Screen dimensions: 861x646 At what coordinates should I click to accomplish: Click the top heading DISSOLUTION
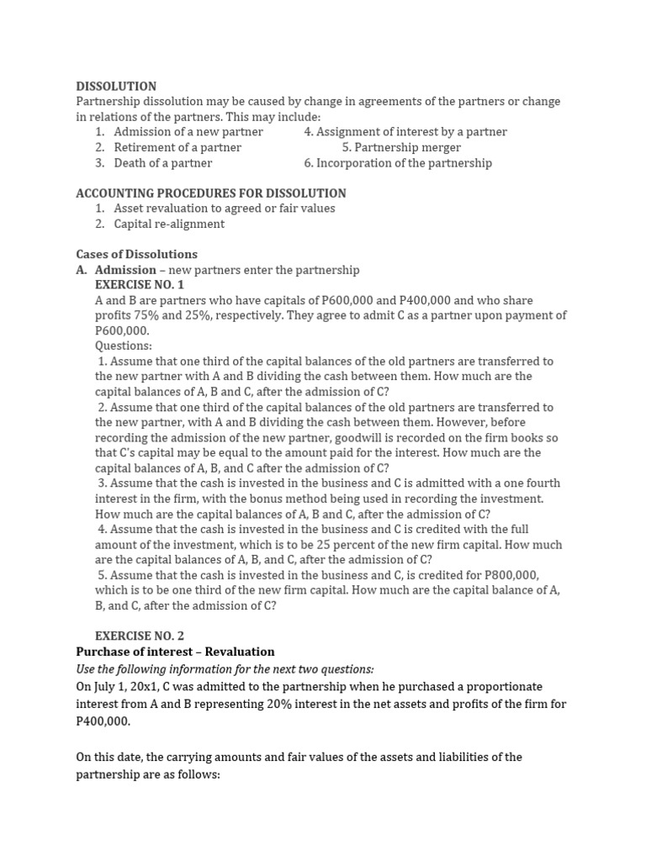pyautogui.click(x=116, y=86)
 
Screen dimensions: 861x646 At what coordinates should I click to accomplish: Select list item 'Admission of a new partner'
pyautogui.click(x=188, y=132)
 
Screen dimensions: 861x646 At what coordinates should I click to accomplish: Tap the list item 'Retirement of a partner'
pyautogui.click(x=177, y=147)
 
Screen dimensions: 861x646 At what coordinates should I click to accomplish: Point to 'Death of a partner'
pyautogui.click(x=163, y=163)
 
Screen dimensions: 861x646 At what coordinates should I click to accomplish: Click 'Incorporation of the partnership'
pyautogui.click(x=398, y=163)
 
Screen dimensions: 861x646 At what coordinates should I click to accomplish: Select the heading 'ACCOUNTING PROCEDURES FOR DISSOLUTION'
pyautogui.click(x=211, y=193)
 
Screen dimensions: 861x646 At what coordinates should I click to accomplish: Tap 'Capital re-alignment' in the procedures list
pyautogui.click(x=169, y=224)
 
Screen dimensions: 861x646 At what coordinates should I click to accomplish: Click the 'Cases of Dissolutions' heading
pyautogui.click(x=137, y=254)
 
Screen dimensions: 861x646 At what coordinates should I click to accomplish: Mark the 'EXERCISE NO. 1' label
pyautogui.click(x=140, y=285)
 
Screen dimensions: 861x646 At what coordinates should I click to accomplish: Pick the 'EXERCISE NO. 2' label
pyautogui.click(x=140, y=636)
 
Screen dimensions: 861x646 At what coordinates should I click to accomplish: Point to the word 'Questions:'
pyautogui.click(x=124, y=346)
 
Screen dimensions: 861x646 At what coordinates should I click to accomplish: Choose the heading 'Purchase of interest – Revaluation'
pyautogui.click(x=175, y=652)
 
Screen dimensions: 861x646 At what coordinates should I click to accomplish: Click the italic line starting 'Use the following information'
pyautogui.click(x=225, y=668)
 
